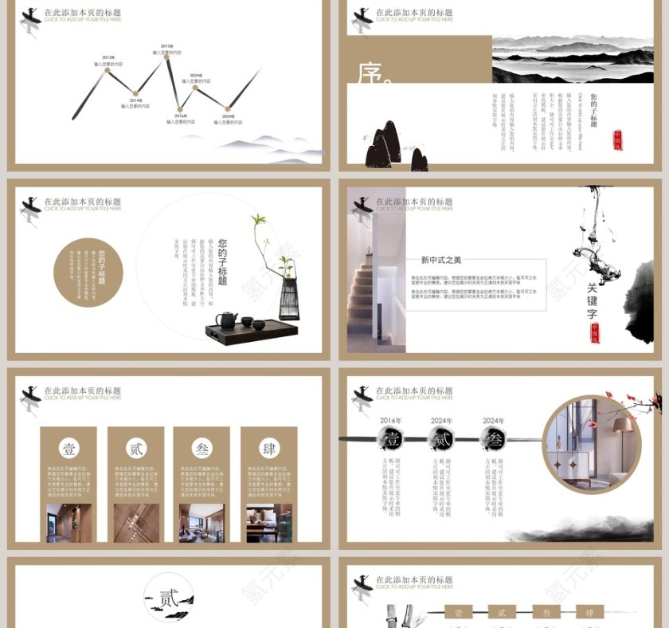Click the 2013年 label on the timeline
point(108,57)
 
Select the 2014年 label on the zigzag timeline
point(135,100)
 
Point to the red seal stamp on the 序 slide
point(617,140)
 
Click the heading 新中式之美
point(441,260)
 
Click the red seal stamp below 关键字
point(594,333)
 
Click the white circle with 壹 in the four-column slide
point(68,449)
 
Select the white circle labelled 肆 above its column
point(268,449)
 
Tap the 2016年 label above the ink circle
point(391,420)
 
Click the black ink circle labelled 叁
point(493,439)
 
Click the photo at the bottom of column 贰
point(135,523)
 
